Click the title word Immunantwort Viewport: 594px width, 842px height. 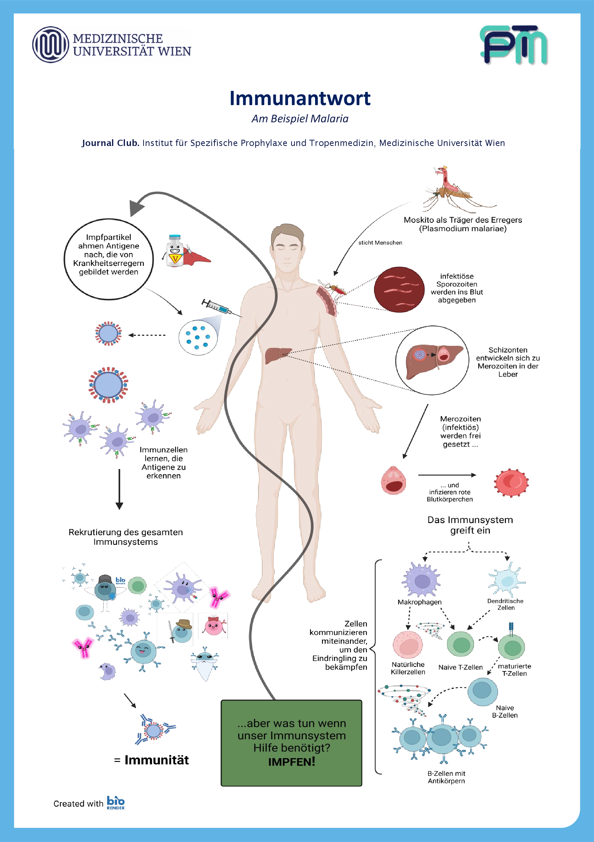tap(300, 98)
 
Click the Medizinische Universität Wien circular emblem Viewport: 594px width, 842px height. tap(51, 45)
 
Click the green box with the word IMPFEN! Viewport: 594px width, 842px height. tap(291, 743)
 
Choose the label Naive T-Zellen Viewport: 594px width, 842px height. tap(461, 667)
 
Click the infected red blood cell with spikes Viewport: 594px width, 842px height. tap(511, 482)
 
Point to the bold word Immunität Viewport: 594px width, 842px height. tap(157, 760)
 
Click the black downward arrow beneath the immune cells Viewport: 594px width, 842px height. tap(119, 490)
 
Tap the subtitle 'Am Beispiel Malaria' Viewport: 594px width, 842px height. tap(300, 119)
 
